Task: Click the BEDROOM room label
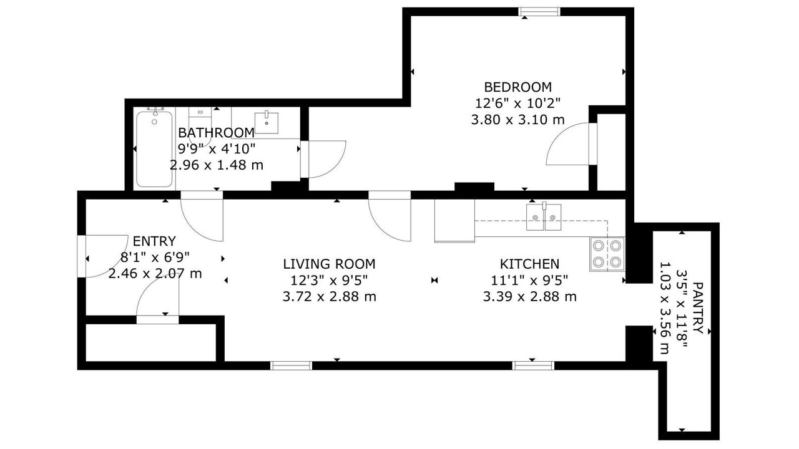[x=517, y=87]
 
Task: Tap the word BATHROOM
[x=216, y=133]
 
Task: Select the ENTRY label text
[x=154, y=241]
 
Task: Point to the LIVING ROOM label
[x=329, y=264]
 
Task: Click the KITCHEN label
[x=530, y=264]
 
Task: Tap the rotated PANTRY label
[x=698, y=308]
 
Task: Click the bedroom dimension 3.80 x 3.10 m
[x=517, y=119]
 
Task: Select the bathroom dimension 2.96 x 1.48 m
[x=216, y=165]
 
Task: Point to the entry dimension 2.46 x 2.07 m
[x=155, y=274]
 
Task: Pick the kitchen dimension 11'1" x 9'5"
[x=530, y=281]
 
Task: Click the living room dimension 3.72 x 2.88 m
[x=329, y=296]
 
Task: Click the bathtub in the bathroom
[x=154, y=148]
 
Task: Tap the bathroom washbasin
[x=266, y=123]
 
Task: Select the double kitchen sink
[x=544, y=217]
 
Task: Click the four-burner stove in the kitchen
[x=607, y=254]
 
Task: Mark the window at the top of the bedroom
[x=539, y=12]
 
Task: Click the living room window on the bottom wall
[x=291, y=365]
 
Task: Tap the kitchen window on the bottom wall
[x=533, y=365]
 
